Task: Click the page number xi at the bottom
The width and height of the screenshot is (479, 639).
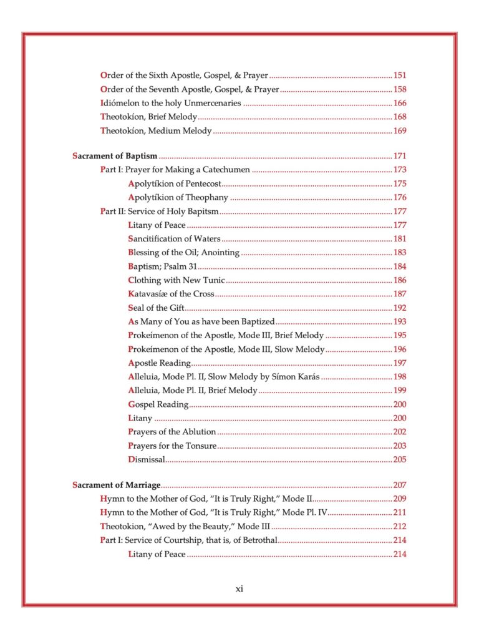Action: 239,589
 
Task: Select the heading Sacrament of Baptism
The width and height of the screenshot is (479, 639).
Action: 115,156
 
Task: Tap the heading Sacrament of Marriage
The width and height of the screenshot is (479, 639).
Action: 117,485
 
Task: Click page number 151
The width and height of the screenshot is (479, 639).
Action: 400,76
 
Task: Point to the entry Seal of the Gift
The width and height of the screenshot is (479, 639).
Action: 156,308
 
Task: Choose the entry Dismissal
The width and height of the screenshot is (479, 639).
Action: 147,460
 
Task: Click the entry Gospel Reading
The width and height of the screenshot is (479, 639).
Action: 158,404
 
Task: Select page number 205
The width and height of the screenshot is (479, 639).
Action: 400,460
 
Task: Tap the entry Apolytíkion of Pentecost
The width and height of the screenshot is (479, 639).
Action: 175,183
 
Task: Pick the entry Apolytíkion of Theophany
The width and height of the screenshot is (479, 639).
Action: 178,198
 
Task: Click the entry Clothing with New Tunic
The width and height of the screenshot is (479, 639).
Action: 177,281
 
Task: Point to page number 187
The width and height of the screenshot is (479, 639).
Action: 400,295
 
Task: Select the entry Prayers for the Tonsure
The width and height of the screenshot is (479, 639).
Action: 172,446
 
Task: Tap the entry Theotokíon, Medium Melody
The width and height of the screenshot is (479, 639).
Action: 156,131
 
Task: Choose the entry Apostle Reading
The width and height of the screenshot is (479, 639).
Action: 159,363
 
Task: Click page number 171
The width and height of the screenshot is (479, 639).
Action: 400,156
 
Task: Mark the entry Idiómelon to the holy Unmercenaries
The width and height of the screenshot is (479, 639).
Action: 171,104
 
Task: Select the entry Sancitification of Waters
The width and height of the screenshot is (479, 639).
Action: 174,239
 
